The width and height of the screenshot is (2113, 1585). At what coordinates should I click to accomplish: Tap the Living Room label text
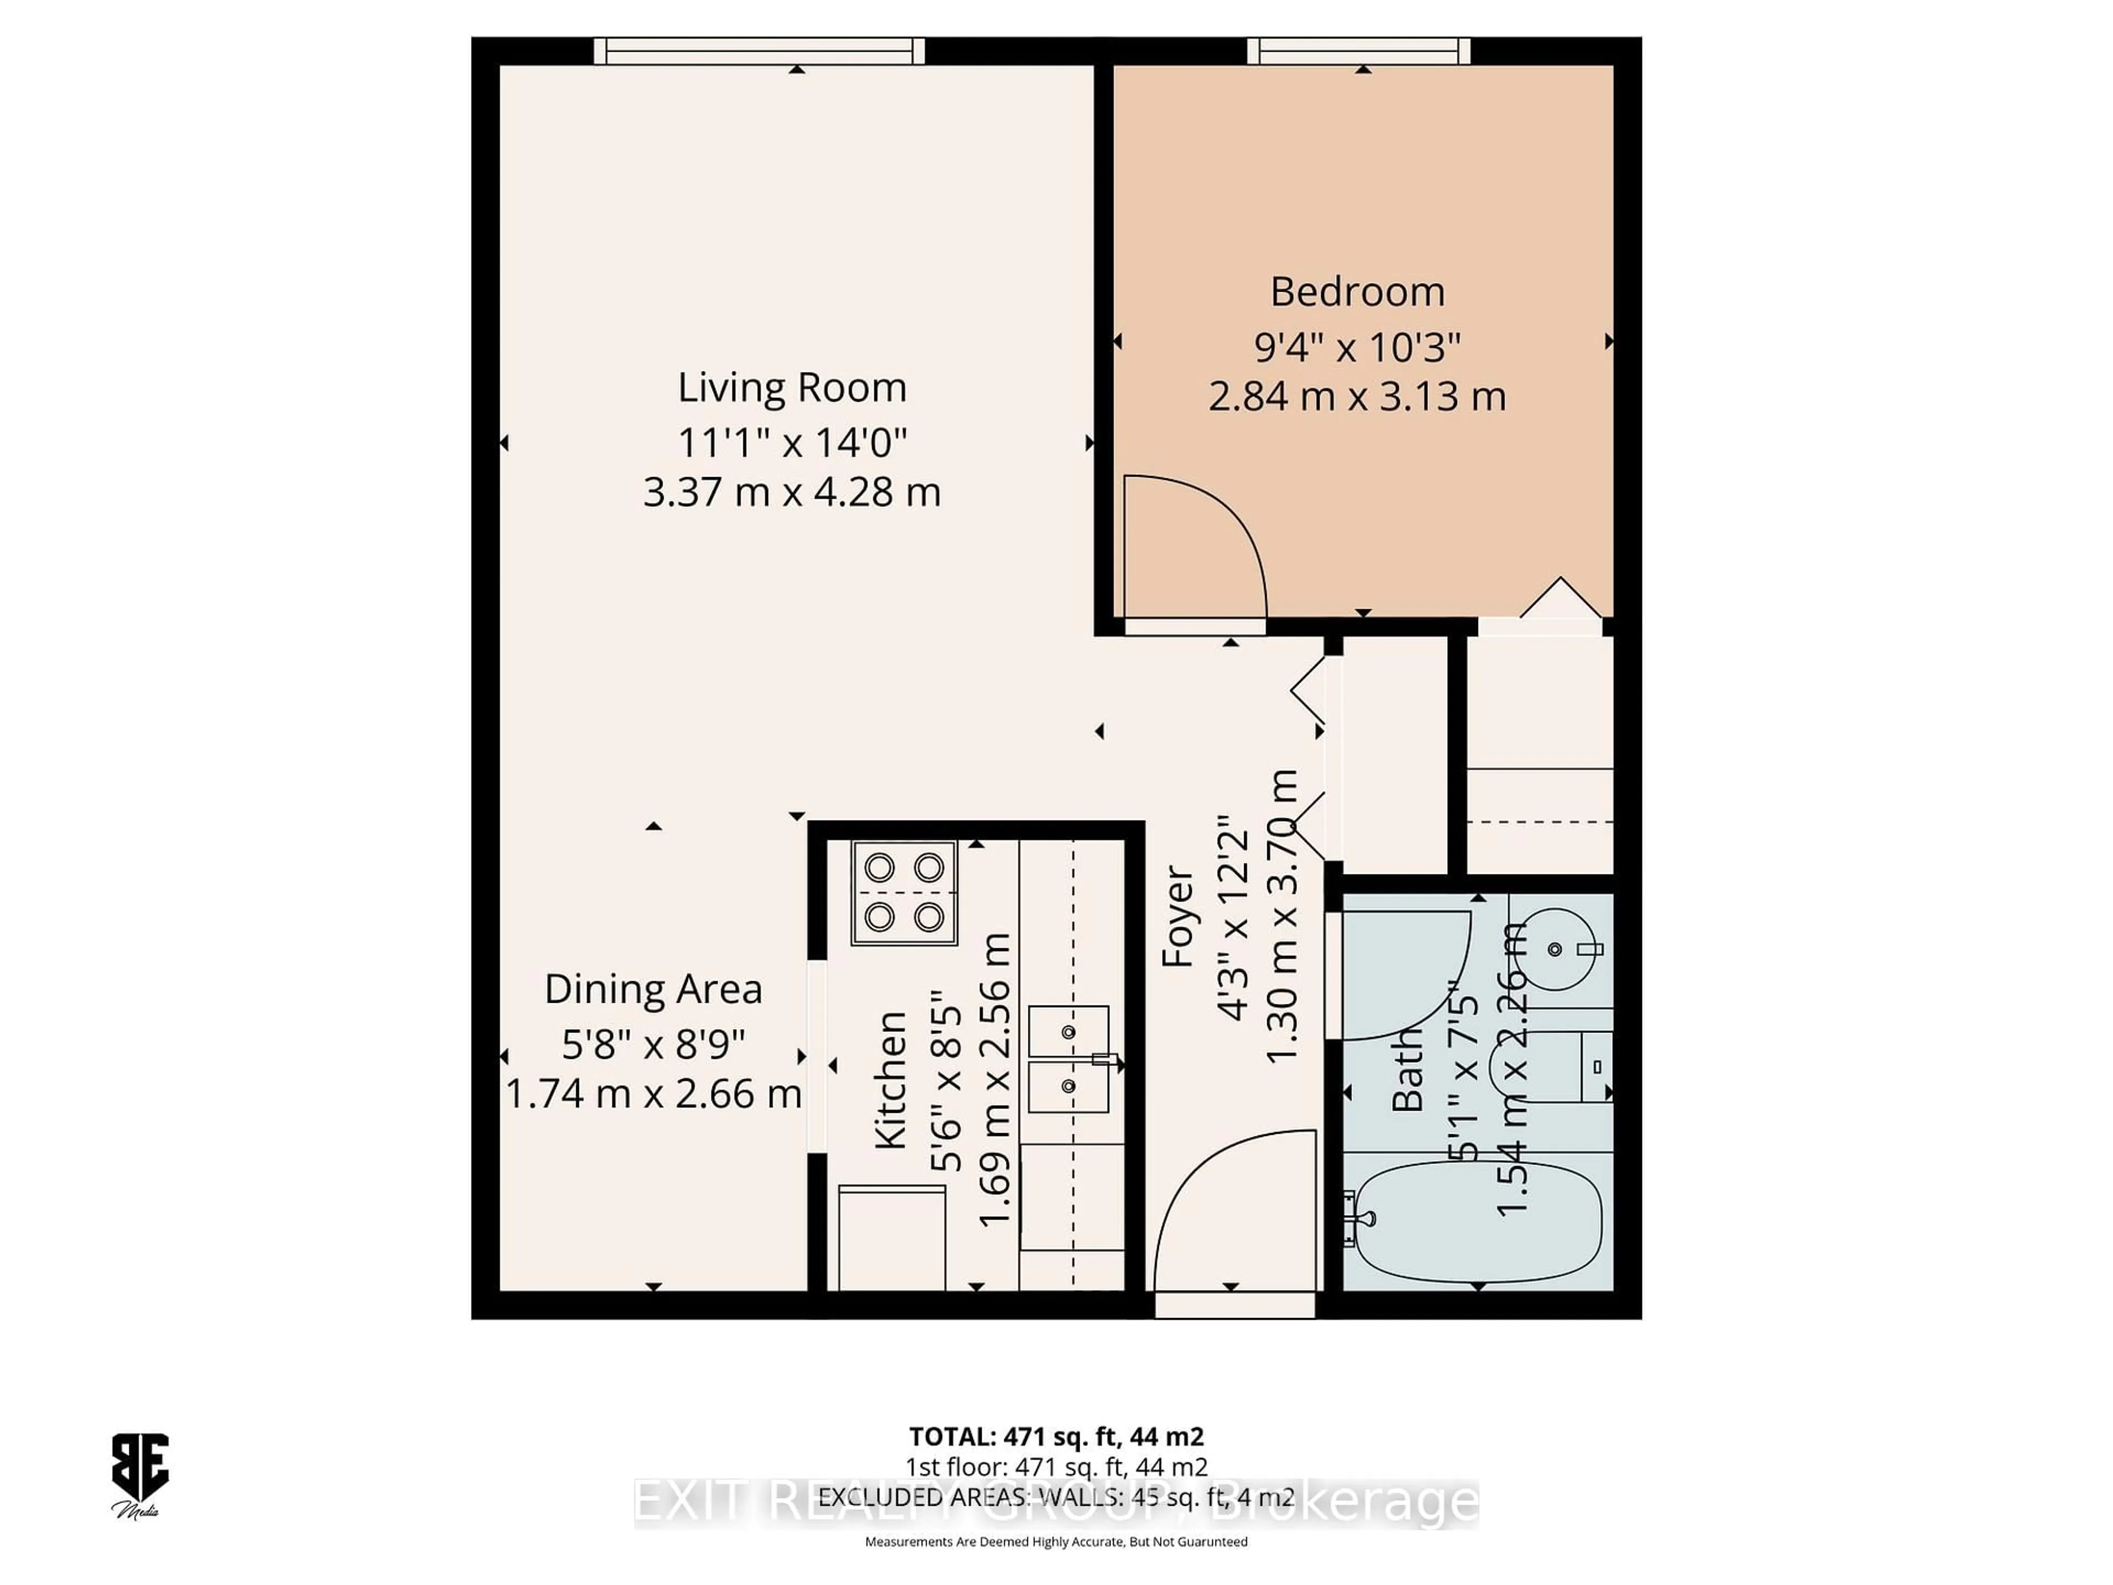tap(792, 387)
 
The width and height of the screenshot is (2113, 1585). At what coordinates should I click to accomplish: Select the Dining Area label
tap(653, 989)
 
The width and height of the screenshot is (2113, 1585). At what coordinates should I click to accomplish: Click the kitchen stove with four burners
tap(904, 892)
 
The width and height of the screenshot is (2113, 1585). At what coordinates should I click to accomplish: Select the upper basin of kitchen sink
tap(1068, 1032)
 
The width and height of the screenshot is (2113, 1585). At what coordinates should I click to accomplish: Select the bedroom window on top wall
tap(1359, 51)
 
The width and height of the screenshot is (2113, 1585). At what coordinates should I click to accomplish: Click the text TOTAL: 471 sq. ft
tap(1055, 1436)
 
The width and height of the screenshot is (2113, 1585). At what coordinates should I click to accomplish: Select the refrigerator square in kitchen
tap(892, 1237)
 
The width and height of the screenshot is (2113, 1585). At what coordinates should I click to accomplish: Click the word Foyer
tap(1177, 915)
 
